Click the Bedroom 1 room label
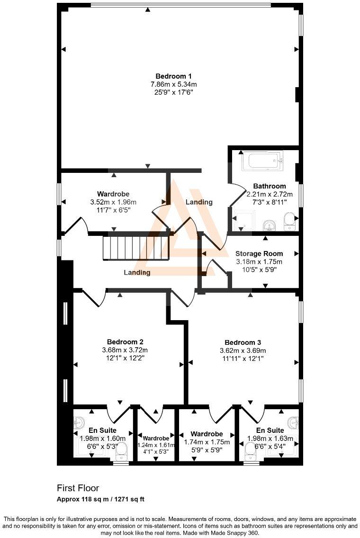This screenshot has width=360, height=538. (173, 76)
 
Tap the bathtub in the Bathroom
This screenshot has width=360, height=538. (262, 161)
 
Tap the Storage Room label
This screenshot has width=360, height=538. (259, 253)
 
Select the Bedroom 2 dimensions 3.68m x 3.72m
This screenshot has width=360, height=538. (125, 350)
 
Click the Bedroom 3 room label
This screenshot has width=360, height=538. (243, 342)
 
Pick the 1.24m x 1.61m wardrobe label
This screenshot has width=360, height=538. (156, 445)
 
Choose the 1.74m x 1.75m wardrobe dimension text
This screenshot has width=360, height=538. (207, 442)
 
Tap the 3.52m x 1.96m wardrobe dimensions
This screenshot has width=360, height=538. (113, 202)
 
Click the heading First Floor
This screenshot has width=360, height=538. (78, 488)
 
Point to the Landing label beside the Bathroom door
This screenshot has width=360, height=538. (199, 202)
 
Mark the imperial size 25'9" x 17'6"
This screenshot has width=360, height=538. (173, 92)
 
